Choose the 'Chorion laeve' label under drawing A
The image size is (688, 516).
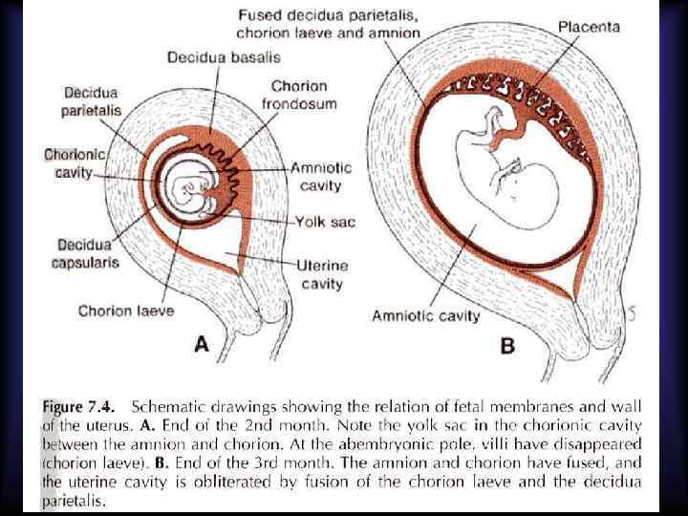pyautogui.click(x=126, y=311)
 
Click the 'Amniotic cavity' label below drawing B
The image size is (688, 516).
pyautogui.click(x=425, y=314)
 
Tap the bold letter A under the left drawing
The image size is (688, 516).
pyautogui.click(x=202, y=344)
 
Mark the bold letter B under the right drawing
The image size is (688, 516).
pyautogui.click(x=507, y=345)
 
